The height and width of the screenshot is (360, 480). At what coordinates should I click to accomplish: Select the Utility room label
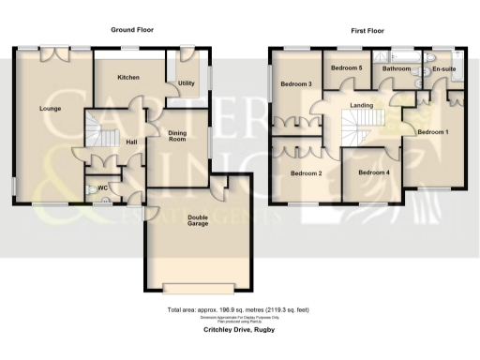[x=187, y=83]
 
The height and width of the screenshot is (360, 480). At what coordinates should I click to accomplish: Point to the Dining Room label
[x=178, y=136]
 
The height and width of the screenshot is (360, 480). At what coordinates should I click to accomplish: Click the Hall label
[x=131, y=142]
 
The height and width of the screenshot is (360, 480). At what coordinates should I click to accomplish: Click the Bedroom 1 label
[x=432, y=132]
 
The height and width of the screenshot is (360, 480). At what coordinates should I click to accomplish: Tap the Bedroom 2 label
[x=306, y=173]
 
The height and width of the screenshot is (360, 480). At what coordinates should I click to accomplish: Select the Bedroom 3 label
[x=297, y=84]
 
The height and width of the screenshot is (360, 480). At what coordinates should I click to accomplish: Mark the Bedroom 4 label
[x=374, y=172]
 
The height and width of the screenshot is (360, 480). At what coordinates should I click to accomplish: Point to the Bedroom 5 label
[x=347, y=67]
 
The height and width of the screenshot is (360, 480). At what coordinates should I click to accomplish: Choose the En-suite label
[x=441, y=68]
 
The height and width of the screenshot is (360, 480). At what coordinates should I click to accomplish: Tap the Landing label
[x=362, y=105]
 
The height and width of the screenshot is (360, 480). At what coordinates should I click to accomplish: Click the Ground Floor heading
[x=133, y=31]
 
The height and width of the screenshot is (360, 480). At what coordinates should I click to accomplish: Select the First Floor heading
[x=368, y=31]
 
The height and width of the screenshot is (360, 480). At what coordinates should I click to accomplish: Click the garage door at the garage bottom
[x=199, y=287]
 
